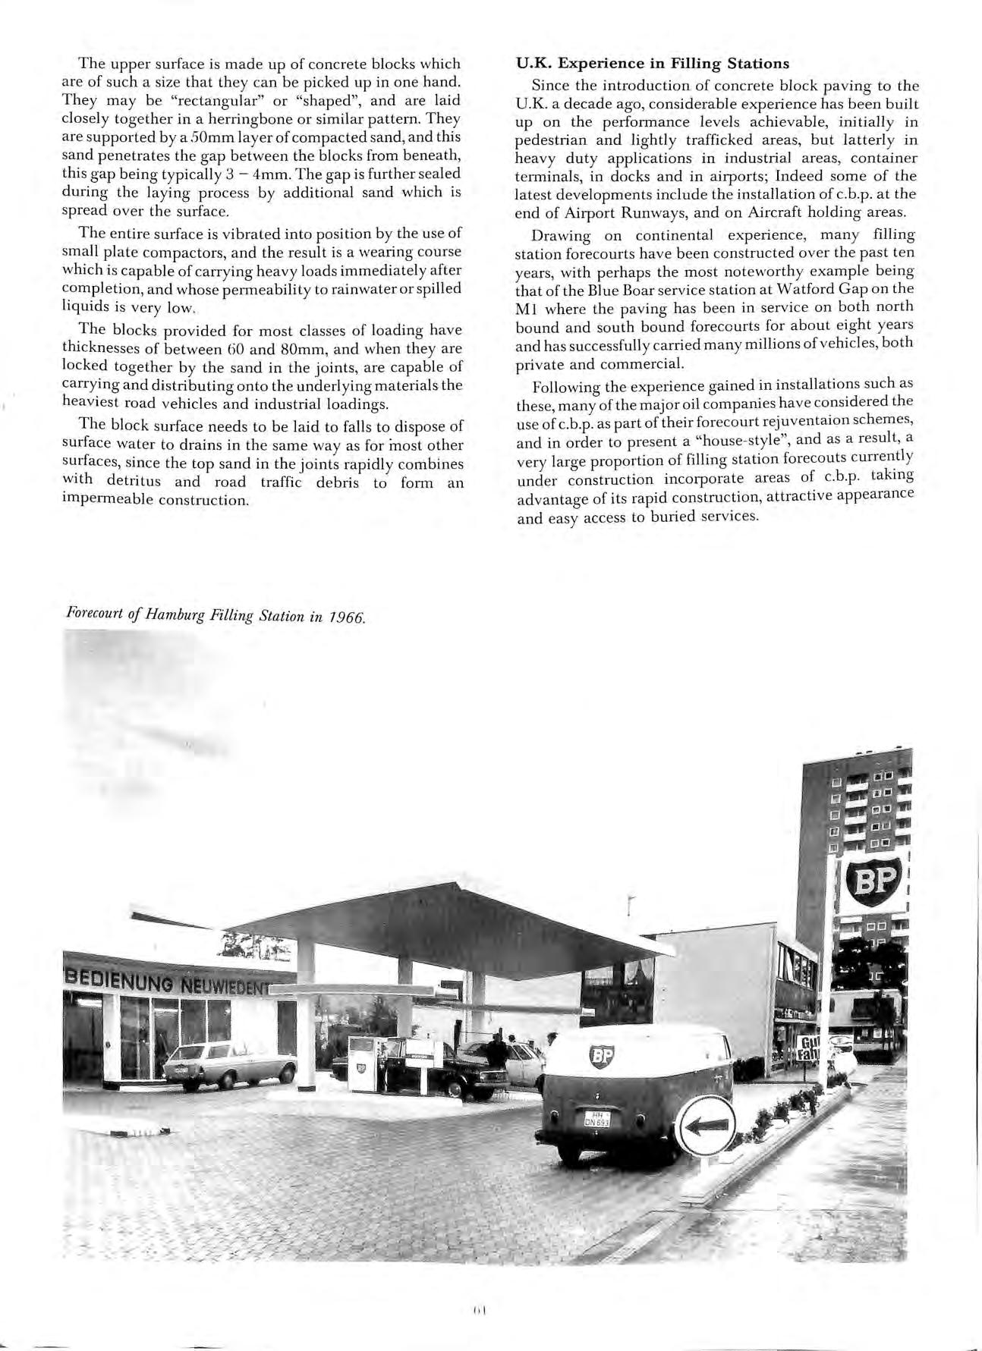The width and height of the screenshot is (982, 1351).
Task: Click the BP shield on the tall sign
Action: tap(873, 884)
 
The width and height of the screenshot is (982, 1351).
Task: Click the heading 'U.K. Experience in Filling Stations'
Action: tap(653, 63)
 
